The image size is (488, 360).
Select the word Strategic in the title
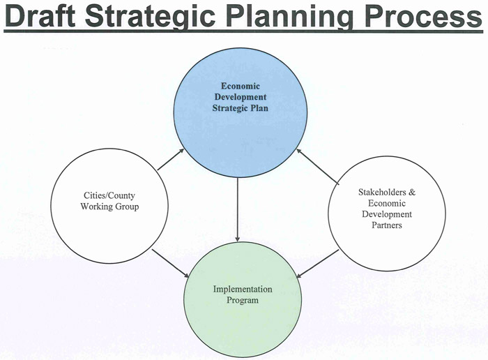pos(151,17)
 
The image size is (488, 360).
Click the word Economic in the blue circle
pos(241,86)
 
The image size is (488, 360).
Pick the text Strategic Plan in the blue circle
pos(241,108)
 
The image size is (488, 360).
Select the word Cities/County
pos(109,195)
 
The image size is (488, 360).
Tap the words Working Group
pos(109,207)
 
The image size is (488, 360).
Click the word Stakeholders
pos(382,192)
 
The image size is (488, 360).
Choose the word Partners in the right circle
pos(387,225)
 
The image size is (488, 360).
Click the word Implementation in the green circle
pos(243,290)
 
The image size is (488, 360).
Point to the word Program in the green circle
pos(243,301)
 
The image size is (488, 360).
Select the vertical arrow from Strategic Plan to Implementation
pos(238,209)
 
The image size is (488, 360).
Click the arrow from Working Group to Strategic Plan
pos(171,160)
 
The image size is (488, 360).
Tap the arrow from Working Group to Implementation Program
pos(171,263)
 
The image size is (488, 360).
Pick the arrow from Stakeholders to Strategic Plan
pos(317,165)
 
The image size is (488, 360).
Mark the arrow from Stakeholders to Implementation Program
pos(317,264)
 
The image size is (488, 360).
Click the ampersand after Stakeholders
pos(412,192)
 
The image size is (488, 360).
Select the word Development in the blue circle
pos(241,97)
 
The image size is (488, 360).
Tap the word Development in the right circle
pos(387,214)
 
